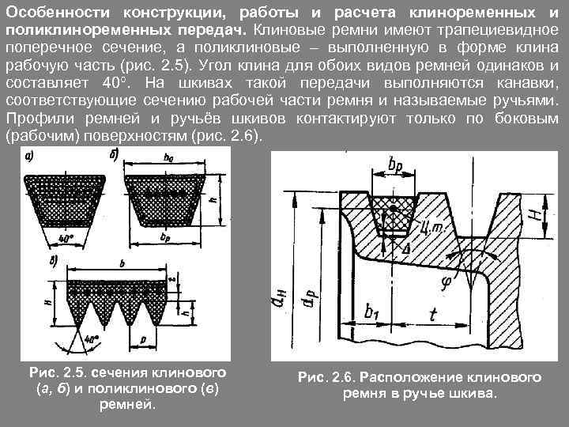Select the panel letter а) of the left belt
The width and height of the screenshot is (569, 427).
pos(28,156)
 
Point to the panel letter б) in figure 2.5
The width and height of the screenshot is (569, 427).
pos(115,156)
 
